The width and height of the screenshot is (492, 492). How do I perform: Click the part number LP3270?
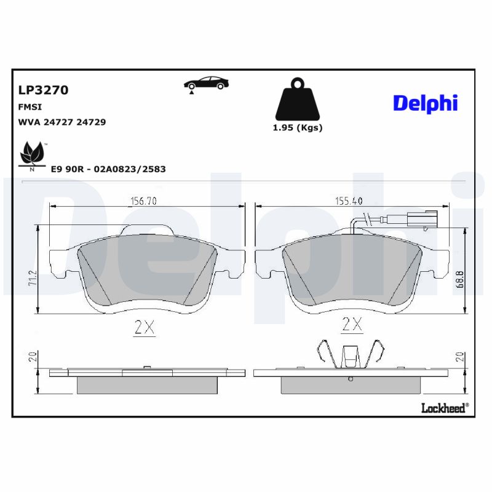click(x=43, y=90)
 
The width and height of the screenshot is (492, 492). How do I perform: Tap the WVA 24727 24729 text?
click(x=62, y=122)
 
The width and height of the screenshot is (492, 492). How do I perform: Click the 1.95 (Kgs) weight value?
click(x=298, y=128)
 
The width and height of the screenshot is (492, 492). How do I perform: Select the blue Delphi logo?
click(x=426, y=103)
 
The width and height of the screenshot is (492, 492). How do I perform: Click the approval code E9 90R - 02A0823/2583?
click(x=108, y=169)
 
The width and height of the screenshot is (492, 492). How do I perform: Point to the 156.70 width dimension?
click(x=143, y=200)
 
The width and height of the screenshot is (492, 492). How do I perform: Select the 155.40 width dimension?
click(x=348, y=200)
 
